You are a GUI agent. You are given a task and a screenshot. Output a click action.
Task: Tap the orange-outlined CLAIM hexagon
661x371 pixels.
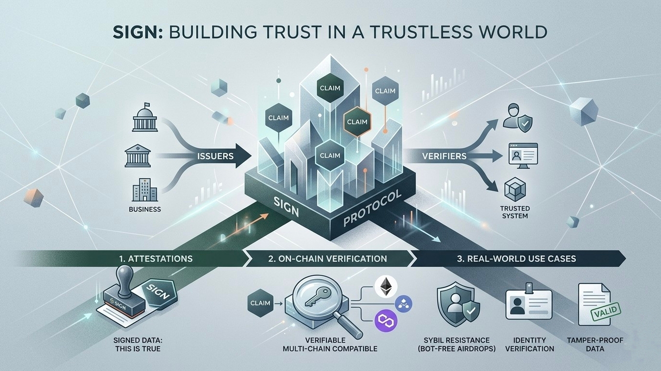[x=357, y=122]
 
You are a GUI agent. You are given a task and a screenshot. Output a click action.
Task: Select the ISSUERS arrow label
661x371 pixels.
[x=216, y=157]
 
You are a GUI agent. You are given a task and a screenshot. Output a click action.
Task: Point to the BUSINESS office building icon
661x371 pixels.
[x=141, y=190]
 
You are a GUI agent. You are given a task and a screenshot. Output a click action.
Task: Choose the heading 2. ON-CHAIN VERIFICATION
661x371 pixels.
[x=327, y=258]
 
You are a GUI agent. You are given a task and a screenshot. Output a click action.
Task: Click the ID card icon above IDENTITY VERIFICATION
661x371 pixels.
[x=529, y=305]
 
